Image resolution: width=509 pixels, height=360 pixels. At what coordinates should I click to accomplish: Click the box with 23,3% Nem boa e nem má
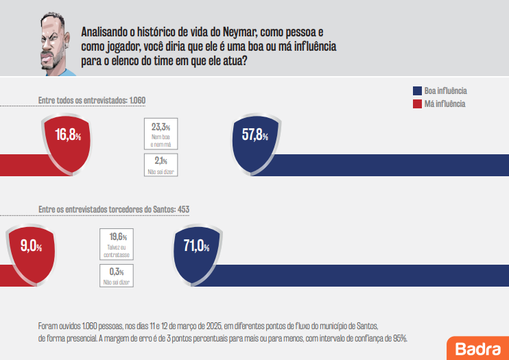(161, 134)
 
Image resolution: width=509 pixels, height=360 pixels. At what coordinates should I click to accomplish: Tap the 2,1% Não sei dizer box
(161, 165)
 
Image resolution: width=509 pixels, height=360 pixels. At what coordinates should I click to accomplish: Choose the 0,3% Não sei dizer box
(117, 276)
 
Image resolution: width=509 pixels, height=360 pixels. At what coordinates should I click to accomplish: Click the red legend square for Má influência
(416, 104)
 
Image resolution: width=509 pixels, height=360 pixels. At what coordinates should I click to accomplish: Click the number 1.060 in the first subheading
(137, 100)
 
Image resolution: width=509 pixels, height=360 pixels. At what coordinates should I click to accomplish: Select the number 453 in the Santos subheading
(183, 209)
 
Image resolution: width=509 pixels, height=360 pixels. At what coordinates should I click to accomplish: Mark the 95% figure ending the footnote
(400, 337)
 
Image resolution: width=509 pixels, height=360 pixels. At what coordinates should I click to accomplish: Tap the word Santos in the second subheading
(161, 209)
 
